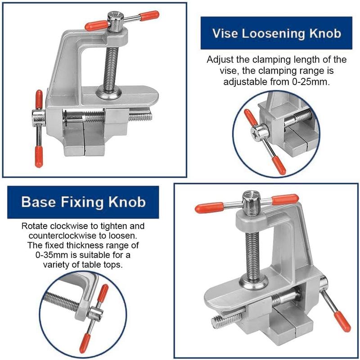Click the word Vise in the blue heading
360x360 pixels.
(225, 33)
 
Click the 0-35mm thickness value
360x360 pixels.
(47, 255)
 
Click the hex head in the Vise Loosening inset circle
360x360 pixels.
(260, 131)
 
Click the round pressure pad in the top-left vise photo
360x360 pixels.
(108, 93)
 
